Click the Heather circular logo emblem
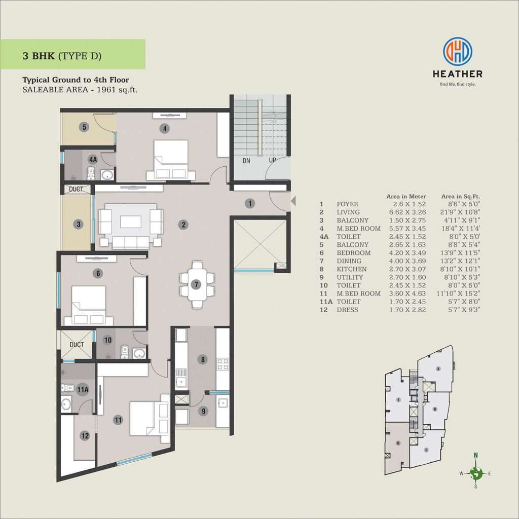coord(458,51)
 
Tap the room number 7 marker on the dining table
coord(196,284)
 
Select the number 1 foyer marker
coord(250,203)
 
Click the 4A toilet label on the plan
coord(93,160)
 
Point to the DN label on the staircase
coord(246,161)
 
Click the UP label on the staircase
coord(272,160)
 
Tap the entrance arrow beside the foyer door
coord(293,201)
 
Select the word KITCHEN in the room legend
coord(352,269)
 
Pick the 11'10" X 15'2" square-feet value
coord(458,293)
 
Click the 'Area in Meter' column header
coord(406,196)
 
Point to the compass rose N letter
coord(476,455)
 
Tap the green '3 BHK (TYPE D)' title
coord(62,56)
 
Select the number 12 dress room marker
coord(85,435)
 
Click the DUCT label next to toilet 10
coord(77,345)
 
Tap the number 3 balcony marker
coord(79,224)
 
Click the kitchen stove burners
coord(223,364)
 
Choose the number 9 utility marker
coord(203,411)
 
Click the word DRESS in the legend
coord(347,310)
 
